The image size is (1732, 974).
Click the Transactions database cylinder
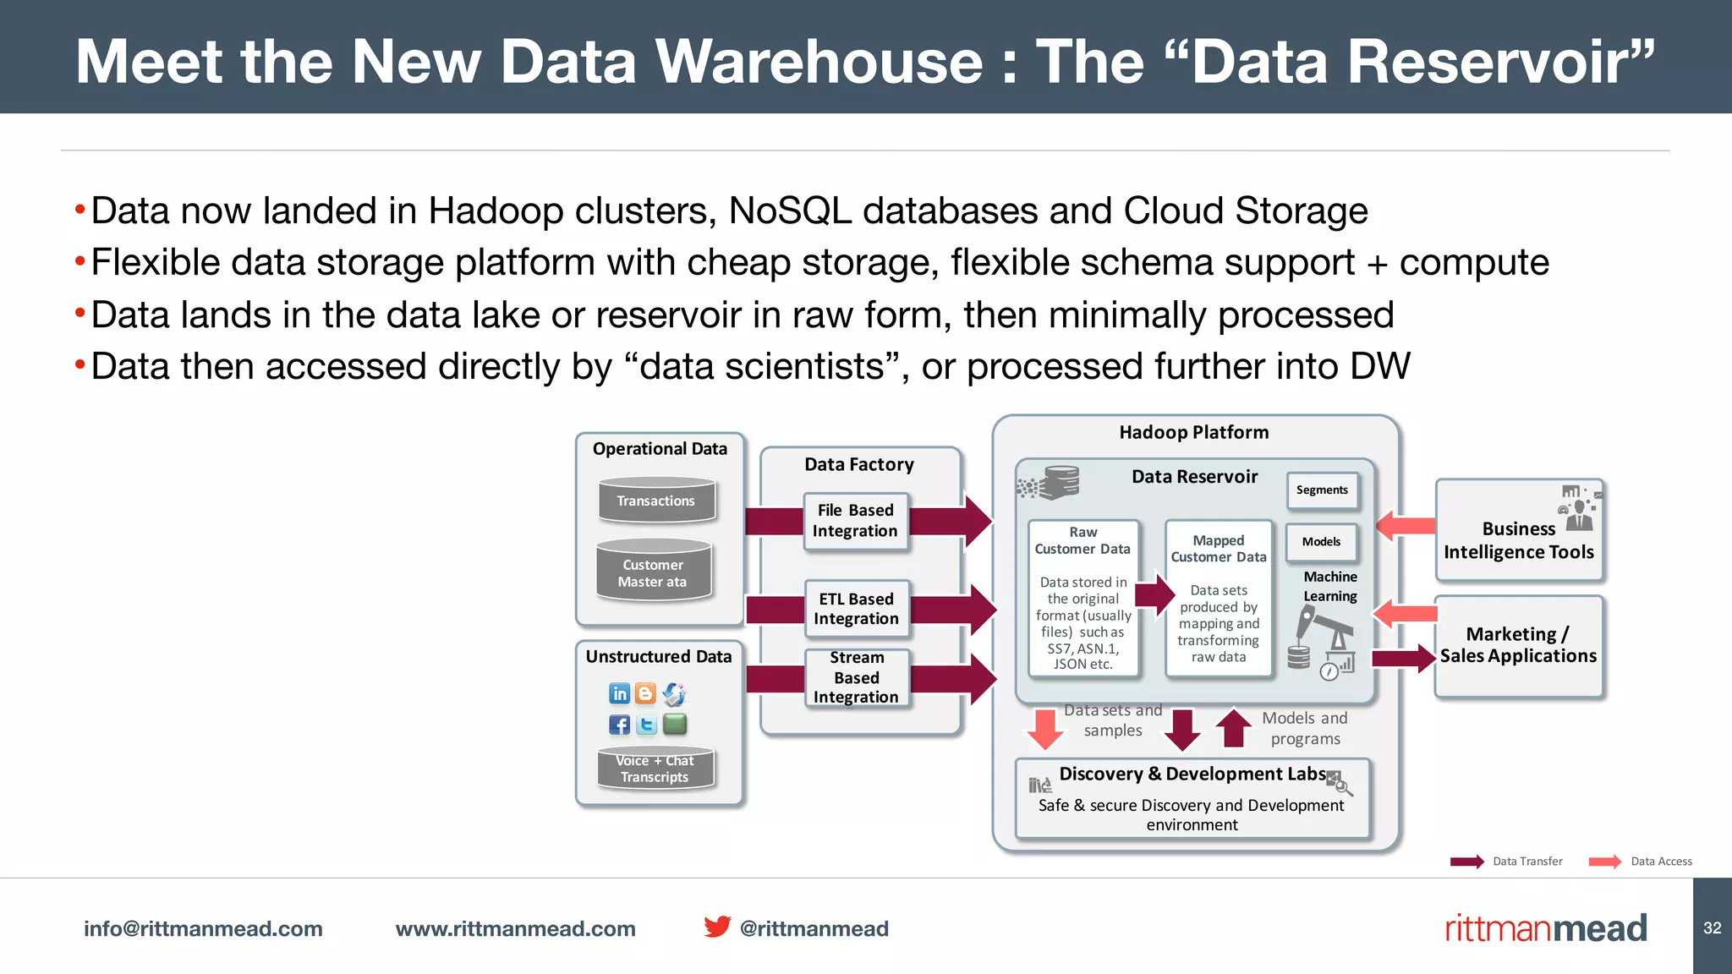tap(656, 500)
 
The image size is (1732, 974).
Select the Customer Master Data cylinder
tap(653, 572)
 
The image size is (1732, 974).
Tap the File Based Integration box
tap(855, 521)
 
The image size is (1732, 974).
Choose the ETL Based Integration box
tap(856, 609)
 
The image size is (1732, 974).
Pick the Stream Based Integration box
tap(856, 677)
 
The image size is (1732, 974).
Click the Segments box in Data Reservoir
tap(1322, 490)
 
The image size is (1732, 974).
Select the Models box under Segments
tap(1321, 542)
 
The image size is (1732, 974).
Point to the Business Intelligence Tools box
tap(1519, 531)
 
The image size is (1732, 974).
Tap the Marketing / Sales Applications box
tap(1518, 646)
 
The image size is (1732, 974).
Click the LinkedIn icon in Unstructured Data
tap(619, 694)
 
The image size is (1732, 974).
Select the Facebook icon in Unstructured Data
tap(619, 725)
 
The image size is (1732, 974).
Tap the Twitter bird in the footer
tap(717, 927)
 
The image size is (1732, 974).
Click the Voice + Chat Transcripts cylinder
tap(655, 769)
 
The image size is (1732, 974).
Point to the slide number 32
tap(1712, 927)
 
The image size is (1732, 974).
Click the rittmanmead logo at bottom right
tap(1545, 928)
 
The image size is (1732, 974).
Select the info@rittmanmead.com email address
tap(203, 928)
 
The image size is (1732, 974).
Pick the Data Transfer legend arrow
tap(1466, 862)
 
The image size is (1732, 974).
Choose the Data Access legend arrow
tap(1604, 862)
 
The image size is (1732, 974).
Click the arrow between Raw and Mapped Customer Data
tap(1154, 594)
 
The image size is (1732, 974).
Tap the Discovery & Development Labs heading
tap(1192, 774)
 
